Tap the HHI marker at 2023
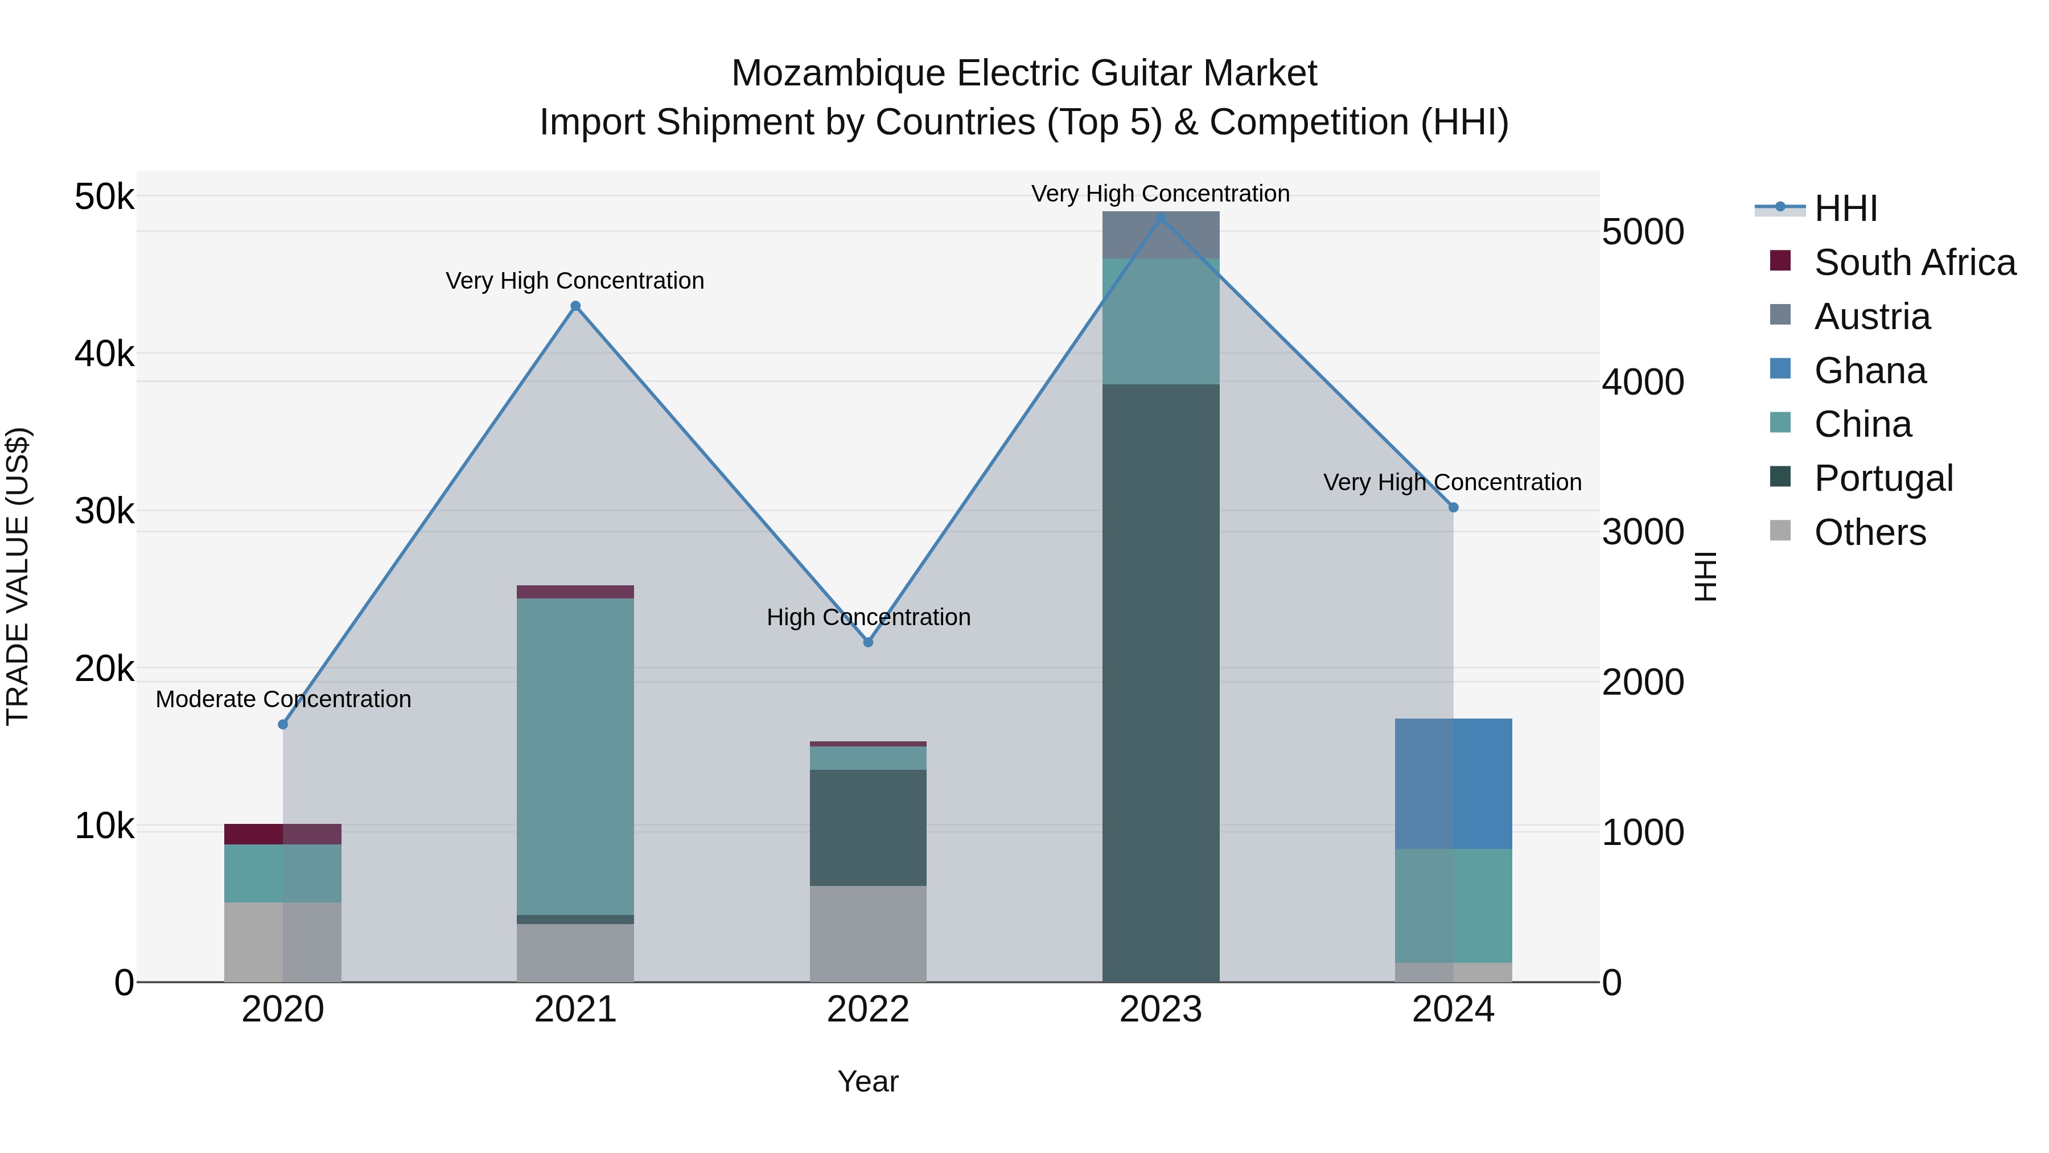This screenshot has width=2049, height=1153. click(1161, 218)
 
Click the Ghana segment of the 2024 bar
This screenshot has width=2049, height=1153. click(1453, 784)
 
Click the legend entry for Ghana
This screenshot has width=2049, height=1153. click(1869, 371)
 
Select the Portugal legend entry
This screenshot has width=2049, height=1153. click(1883, 478)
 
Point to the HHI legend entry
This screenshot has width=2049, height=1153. click(1845, 208)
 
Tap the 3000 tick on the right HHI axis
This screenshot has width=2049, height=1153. click(1643, 532)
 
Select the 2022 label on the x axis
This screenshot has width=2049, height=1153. click(868, 1010)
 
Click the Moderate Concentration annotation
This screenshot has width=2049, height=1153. click(283, 699)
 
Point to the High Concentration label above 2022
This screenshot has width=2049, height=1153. click(868, 617)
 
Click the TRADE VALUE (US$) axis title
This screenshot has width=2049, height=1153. click(18, 576)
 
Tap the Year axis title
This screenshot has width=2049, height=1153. click(868, 1081)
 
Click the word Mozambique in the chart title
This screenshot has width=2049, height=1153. click(838, 73)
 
